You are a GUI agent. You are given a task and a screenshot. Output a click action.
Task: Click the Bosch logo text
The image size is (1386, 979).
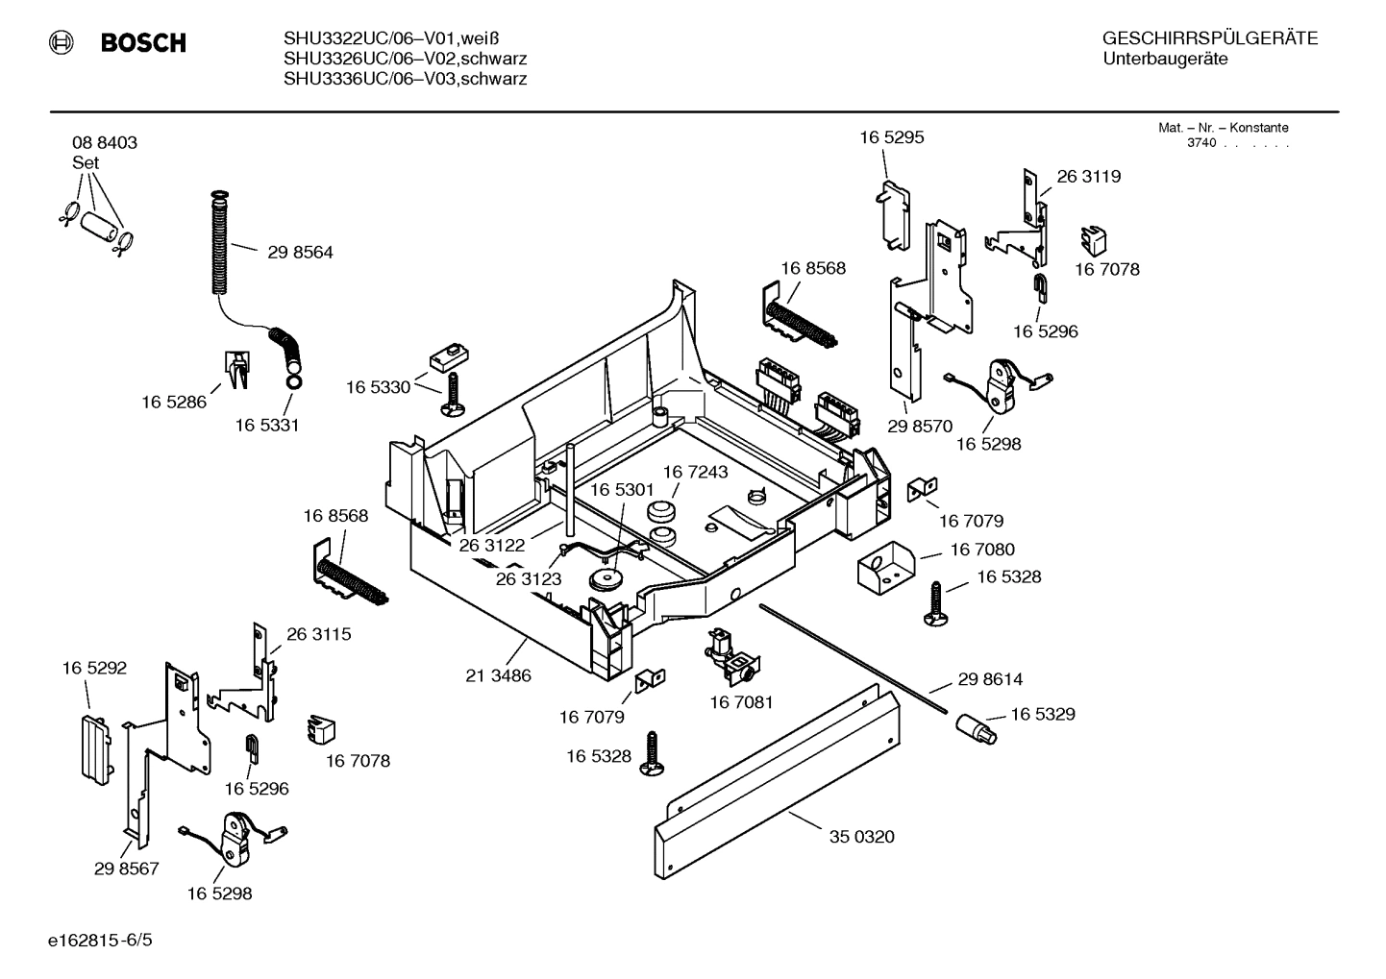[142, 43]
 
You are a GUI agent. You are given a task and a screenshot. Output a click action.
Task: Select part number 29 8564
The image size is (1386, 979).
[300, 253]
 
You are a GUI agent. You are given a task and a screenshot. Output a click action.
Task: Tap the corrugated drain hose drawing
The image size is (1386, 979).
[220, 245]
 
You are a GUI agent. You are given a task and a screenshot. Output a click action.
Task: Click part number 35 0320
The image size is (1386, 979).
[861, 837]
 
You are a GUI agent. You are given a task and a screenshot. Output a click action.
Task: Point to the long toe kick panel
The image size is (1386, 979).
[779, 778]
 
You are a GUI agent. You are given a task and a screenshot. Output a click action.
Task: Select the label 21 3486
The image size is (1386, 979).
[498, 675]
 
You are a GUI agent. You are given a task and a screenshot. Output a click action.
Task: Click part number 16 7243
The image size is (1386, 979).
[695, 472]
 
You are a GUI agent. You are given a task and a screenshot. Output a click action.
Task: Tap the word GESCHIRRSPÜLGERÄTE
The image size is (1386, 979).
[1209, 38]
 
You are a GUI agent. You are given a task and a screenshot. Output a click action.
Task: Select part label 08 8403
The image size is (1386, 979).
[105, 142]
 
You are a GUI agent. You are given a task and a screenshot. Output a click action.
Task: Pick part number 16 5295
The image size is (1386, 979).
[891, 137]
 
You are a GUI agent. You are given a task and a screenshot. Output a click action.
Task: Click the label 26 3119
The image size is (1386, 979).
[1088, 177]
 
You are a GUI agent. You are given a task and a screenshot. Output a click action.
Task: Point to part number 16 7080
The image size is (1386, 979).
[981, 550]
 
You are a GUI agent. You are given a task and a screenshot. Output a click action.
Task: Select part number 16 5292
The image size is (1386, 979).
[94, 668]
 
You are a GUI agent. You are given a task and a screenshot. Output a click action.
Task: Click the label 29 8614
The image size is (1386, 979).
[990, 679]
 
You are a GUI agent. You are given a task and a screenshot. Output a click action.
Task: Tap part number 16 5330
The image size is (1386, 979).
[378, 387]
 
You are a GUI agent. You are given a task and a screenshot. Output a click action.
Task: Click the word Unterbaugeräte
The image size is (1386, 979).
[1165, 60]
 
